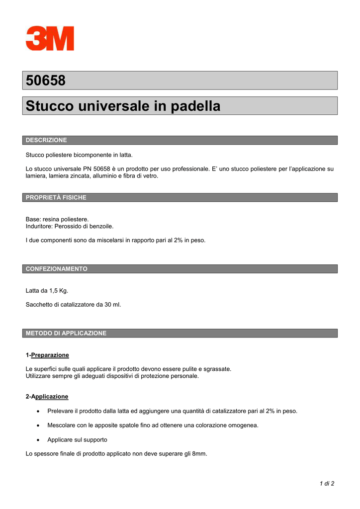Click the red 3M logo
point(50,38)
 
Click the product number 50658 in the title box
point(45,81)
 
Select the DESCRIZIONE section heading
point(46,140)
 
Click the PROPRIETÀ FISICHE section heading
point(56,197)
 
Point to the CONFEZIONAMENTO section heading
point(56,269)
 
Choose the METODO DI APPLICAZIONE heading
point(66,333)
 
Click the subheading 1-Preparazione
point(47,355)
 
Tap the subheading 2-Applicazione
point(47,397)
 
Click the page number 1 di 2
point(326,484)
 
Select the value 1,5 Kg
point(58,290)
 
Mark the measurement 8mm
point(199,454)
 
